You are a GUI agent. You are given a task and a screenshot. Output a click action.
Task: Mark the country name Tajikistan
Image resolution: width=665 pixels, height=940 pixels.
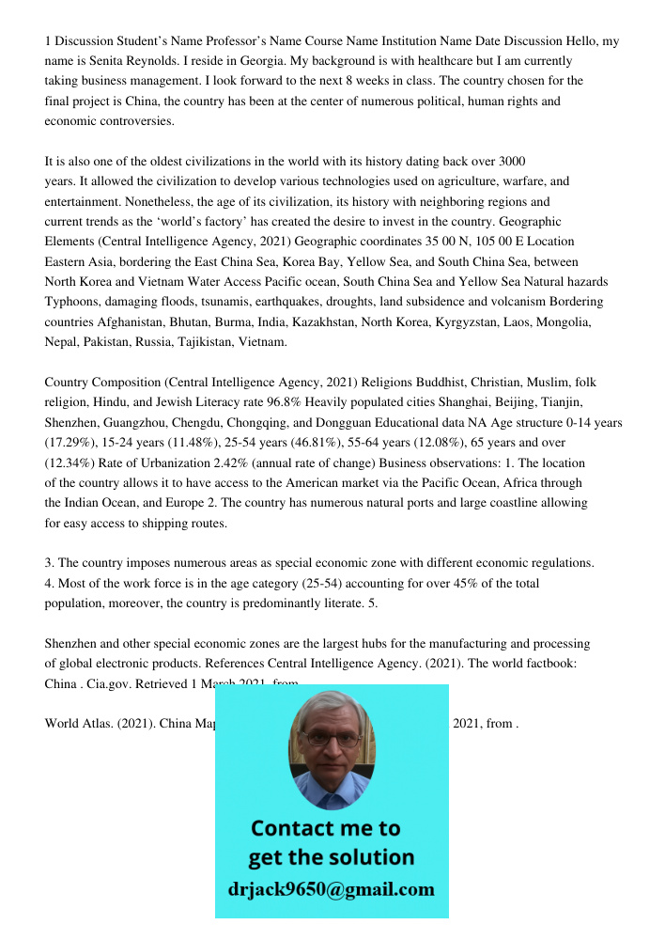pyautogui.click(x=201, y=342)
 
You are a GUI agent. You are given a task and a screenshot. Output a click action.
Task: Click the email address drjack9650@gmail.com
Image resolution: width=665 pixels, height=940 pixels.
pyautogui.click(x=332, y=889)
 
